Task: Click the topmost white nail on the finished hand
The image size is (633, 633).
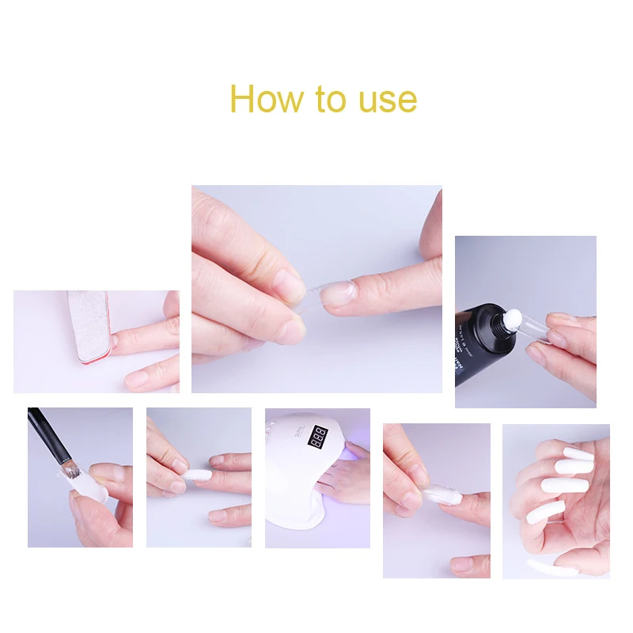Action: pyautogui.click(x=577, y=455)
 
